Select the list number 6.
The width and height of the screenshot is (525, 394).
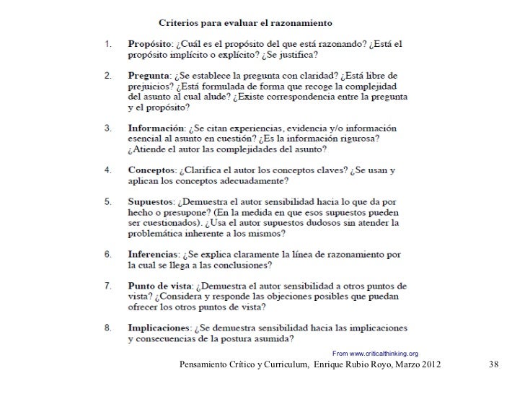(108, 255)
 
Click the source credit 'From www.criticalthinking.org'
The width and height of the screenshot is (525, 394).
(374, 353)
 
